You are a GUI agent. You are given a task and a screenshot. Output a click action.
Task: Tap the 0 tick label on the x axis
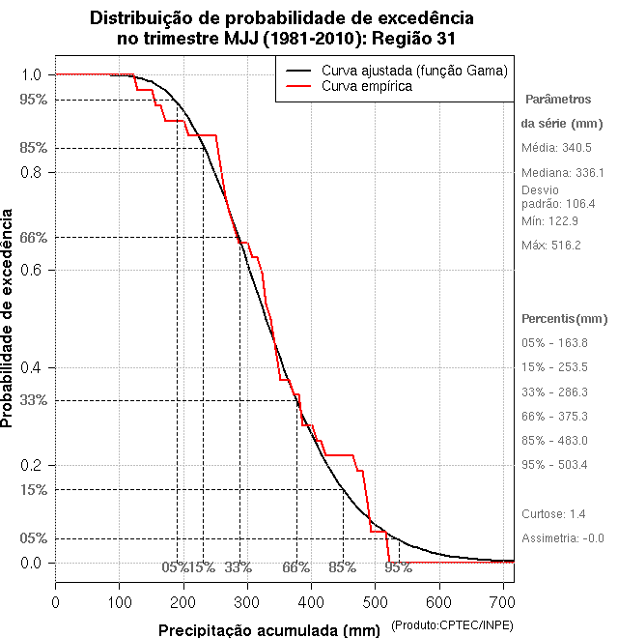click(x=55, y=601)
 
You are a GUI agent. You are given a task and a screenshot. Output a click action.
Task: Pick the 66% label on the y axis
click(x=33, y=237)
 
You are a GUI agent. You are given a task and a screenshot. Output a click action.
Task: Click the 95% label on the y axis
click(x=33, y=100)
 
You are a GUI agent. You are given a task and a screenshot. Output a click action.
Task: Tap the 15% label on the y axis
click(x=33, y=490)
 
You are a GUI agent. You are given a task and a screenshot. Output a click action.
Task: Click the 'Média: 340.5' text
click(x=556, y=148)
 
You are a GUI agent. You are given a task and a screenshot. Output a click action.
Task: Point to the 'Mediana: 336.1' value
click(x=562, y=172)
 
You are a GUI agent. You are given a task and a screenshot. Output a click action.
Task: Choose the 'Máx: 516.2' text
click(x=551, y=246)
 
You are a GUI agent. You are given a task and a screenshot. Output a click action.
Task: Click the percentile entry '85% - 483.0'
click(x=554, y=441)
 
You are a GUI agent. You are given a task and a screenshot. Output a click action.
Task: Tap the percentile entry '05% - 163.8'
click(x=554, y=343)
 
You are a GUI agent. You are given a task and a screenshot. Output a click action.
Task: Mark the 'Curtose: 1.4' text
click(x=553, y=513)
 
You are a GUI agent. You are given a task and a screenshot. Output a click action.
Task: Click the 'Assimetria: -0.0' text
click(x=562, y=537)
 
